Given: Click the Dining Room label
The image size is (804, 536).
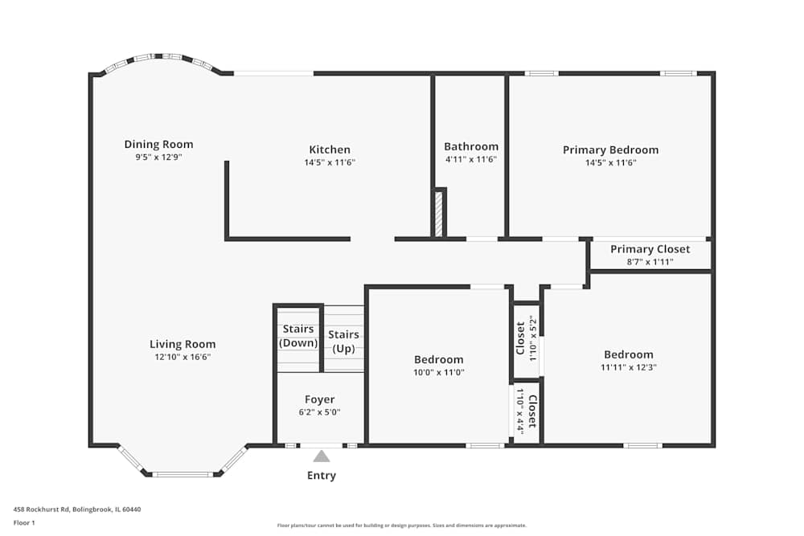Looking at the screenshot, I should (158, 145).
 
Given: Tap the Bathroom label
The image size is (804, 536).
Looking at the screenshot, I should (471, 146).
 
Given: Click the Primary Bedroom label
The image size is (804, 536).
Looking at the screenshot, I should (610, 149).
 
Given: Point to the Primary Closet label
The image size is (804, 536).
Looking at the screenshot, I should (650, 249).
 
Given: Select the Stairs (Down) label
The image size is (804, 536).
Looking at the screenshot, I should (298, 336).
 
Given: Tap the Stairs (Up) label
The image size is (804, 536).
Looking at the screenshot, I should (343, 341).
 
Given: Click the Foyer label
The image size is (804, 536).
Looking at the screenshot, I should (319, 399).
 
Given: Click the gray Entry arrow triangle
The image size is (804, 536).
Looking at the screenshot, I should (322, 456).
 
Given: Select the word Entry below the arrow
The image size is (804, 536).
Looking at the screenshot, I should (322, 476).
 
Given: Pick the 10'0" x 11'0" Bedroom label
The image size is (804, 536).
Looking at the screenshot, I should (439, 359).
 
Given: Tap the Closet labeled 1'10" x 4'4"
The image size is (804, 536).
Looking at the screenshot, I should (526, 410).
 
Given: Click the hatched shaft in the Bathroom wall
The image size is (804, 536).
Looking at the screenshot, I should (439, 213).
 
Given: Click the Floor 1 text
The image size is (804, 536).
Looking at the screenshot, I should (24, 522).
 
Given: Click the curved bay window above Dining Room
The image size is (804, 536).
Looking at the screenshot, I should (158, 58).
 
